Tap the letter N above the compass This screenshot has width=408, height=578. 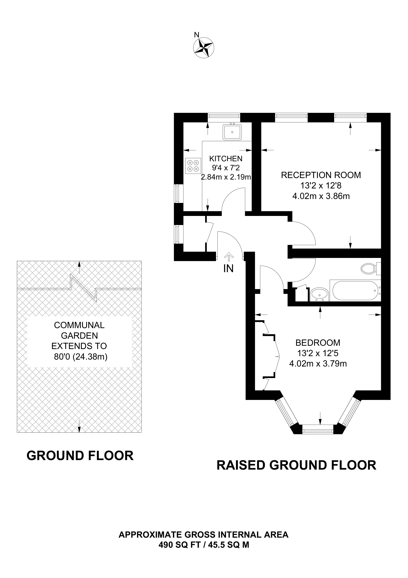(197, 35)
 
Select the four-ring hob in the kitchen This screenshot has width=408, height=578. (193, 166)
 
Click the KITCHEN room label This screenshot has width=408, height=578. (226, 159)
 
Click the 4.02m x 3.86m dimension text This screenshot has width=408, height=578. (321, 196)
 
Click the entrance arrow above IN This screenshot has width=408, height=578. (229, 257)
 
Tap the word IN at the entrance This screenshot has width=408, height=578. (228, 269)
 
